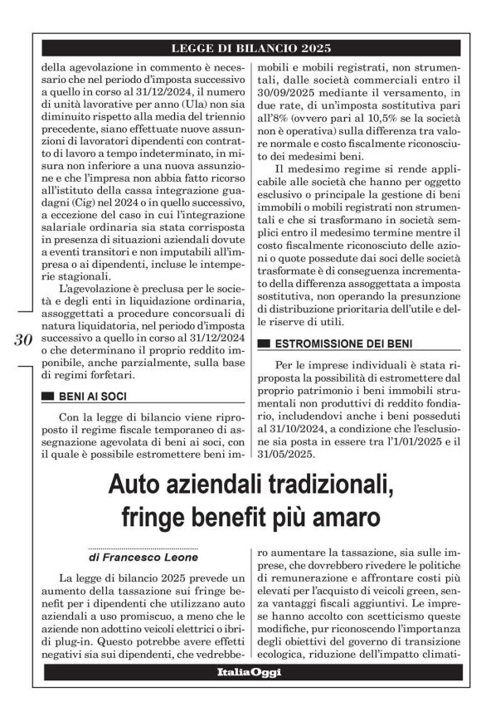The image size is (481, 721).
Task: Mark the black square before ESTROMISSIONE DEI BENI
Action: pyautogui.click(x=264, y=343)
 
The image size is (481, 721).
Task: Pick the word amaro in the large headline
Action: pyautogui.click(x=349, y=519)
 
